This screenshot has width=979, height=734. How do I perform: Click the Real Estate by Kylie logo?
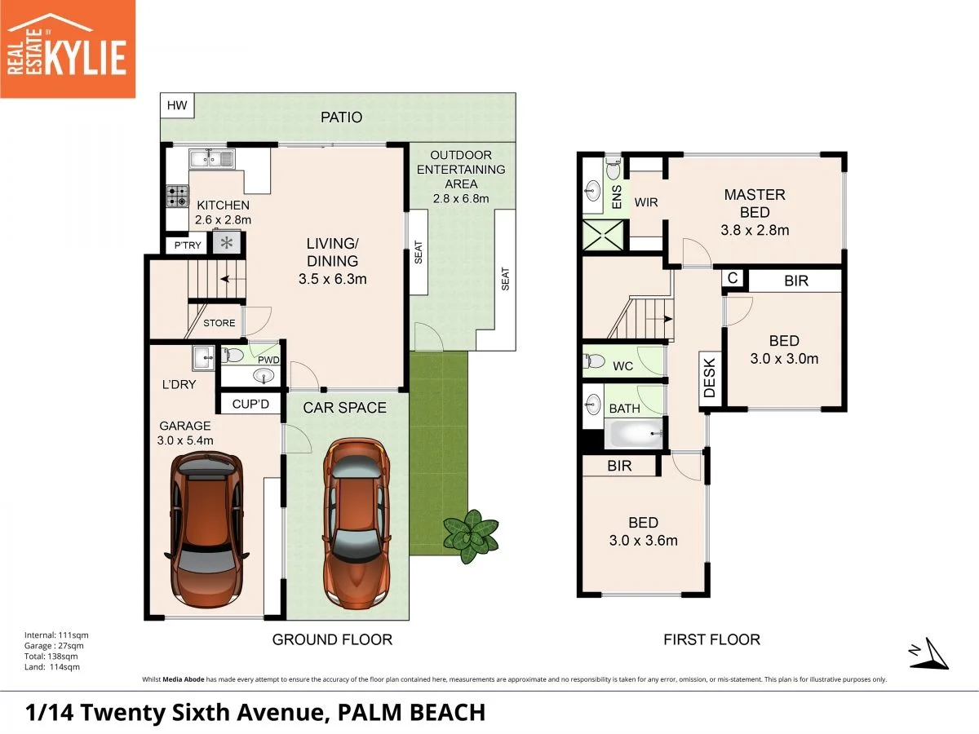point(67,48)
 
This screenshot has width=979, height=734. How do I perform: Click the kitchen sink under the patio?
point(212,158)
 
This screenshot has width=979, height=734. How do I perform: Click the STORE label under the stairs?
point(219,323)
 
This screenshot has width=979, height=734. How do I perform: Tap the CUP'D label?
point(249,404)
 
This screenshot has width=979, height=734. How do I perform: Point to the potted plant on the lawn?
point(470,536)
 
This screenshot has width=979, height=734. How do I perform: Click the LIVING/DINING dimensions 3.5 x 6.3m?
point(332,279)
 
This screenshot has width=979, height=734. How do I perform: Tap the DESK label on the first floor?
point(709,379)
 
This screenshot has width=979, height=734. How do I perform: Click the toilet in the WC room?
point(594,361)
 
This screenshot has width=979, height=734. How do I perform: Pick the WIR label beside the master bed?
point(646,201)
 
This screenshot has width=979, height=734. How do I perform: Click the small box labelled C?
point(733,279)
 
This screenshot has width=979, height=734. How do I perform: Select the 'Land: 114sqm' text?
point(47,667)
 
